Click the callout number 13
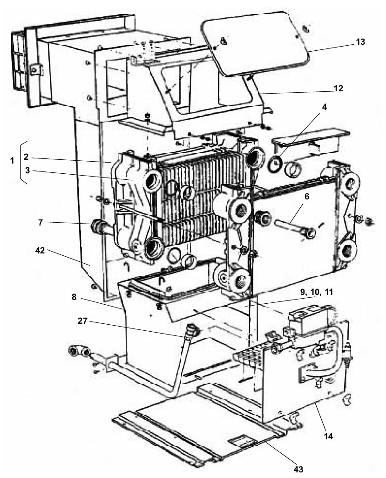360,42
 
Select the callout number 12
338,88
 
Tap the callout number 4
325,107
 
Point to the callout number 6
306,197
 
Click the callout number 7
40,223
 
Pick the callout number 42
40,251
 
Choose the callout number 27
82,321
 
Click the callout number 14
328,436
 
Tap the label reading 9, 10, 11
316,292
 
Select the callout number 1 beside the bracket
12,160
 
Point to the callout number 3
27,171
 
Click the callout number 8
74,297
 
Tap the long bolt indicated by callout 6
295,228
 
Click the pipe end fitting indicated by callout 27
193,330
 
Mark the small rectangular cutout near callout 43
241,440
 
